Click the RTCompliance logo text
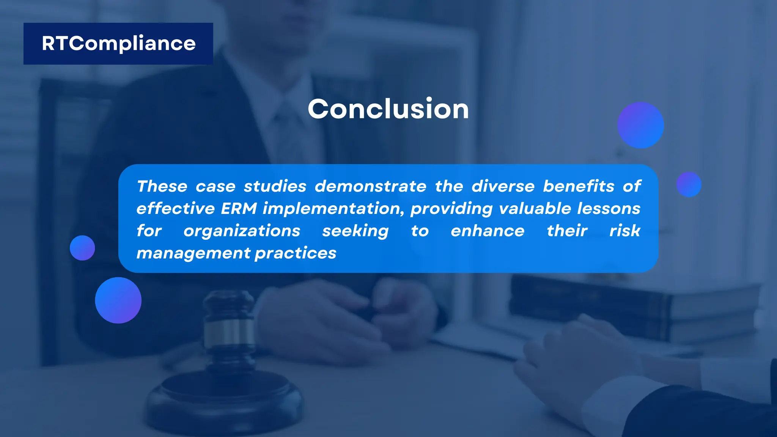[118, 44]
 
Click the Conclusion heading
[388, 109]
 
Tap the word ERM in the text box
[239, 209]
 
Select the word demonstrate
[370, 186]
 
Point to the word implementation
[333, 209]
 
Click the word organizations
[242, 231]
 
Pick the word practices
[296, 253]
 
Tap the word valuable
[535, 209]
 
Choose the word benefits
[578, 186]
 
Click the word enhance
[488, 231]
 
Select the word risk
[624, 231]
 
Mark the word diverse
[503, 186]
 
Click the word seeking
[355, 231]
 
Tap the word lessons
[609, 209]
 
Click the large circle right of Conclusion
[640, 125]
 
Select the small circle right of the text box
[689, 184]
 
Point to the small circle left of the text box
[82, 248]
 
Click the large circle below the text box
[118, 300]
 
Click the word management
[193, 253]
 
